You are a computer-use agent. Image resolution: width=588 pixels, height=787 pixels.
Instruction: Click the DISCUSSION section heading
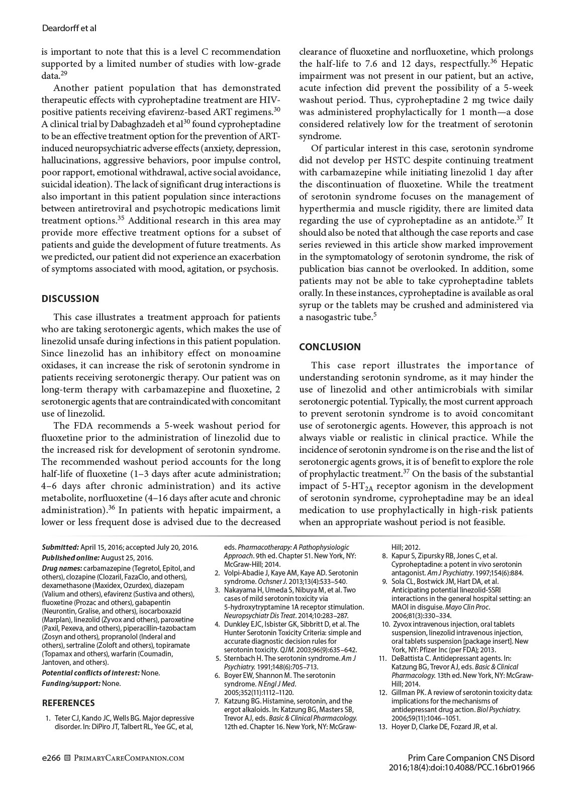coord(70,299)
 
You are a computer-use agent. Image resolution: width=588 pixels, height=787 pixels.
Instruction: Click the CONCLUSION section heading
coord(330,347)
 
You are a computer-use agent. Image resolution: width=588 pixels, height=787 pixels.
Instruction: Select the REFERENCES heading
coord(68,703)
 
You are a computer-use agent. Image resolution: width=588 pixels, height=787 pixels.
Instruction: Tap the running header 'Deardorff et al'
coord(69,29)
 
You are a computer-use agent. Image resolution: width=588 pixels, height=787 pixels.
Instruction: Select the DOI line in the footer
coord(461,767)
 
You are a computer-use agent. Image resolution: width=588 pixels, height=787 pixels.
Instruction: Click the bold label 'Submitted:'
coord(60,547)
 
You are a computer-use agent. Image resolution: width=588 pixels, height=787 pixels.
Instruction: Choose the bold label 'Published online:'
coord(70,558)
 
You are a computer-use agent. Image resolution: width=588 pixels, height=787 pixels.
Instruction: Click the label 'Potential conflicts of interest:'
coord(90,672)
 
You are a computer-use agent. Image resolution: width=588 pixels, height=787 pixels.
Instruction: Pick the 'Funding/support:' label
coord(71,683)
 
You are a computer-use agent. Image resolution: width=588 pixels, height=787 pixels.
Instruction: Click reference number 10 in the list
coord(385,624)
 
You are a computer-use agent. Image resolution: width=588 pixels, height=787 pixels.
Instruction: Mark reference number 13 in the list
coord(383,727)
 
